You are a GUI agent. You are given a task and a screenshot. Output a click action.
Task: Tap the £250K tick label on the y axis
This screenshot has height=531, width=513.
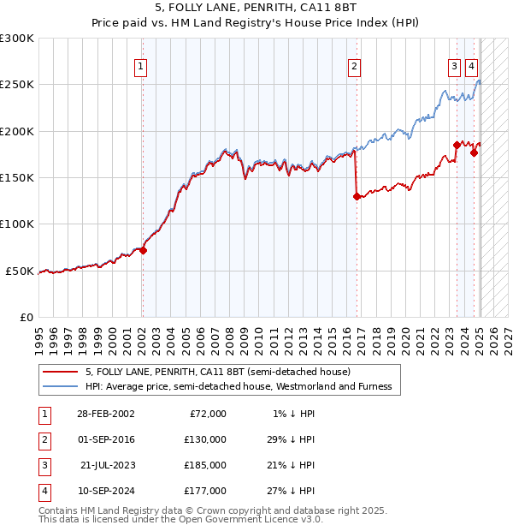pyautogui.click(x=17, y=85)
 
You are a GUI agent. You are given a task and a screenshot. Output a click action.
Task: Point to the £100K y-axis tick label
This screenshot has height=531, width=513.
pyautogui.click(x=17, y=224)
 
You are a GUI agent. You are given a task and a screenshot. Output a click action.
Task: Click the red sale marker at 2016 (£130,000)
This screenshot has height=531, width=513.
pyautogui.click(x=357, y=196)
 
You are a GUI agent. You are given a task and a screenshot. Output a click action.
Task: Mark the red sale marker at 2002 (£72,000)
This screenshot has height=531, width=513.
pyautogui.click(x=143, y=251)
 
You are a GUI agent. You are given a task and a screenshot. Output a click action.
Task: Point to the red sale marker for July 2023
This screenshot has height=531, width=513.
pyautogui.click(x=457, y=146)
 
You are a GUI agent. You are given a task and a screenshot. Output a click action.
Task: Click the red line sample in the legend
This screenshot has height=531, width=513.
pyautogui.click(x=62, y=372)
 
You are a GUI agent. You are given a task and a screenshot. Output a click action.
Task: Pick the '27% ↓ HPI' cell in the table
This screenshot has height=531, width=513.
pyautogui.click(x=290, y=491)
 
